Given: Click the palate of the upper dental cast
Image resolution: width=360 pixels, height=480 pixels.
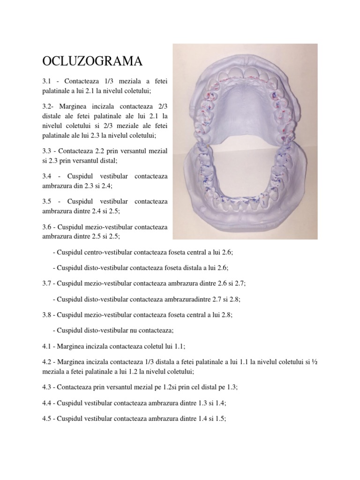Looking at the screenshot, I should point(245,105).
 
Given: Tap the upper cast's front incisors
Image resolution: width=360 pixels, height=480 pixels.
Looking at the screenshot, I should point(245,73).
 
